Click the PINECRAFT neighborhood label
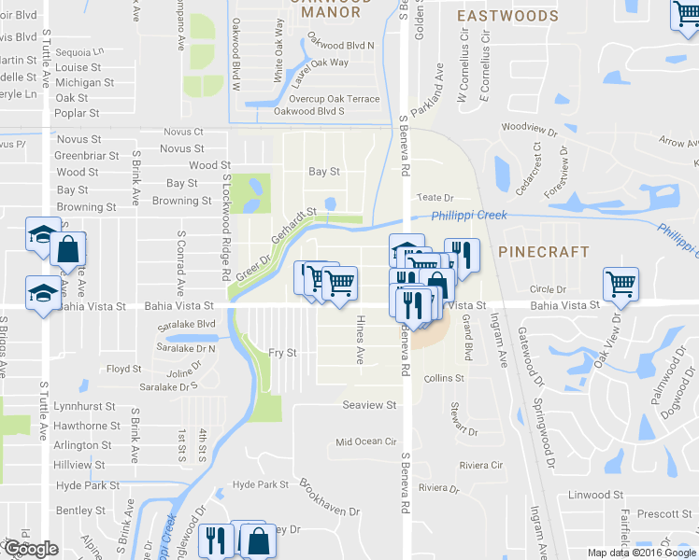pyautogui.click(x=544, y=252)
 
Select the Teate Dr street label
pyautogui.click(x=435, y=198)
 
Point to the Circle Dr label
pyautogui.click(x=549, y=289)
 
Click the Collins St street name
pyautogui.click(x=444, y=378)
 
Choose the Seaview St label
pyautogui.click(x=369, y=405)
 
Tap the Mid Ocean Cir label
pyautogui.click(x=366, y=441)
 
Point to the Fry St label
pyautogui.click(x=282, y=353)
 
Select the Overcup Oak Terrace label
pyautogui.click(x=334, y=99)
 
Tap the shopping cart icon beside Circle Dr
pyautogui.click(x=621, y=283)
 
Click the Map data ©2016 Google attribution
pyautogui.click(x=641, y=553)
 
